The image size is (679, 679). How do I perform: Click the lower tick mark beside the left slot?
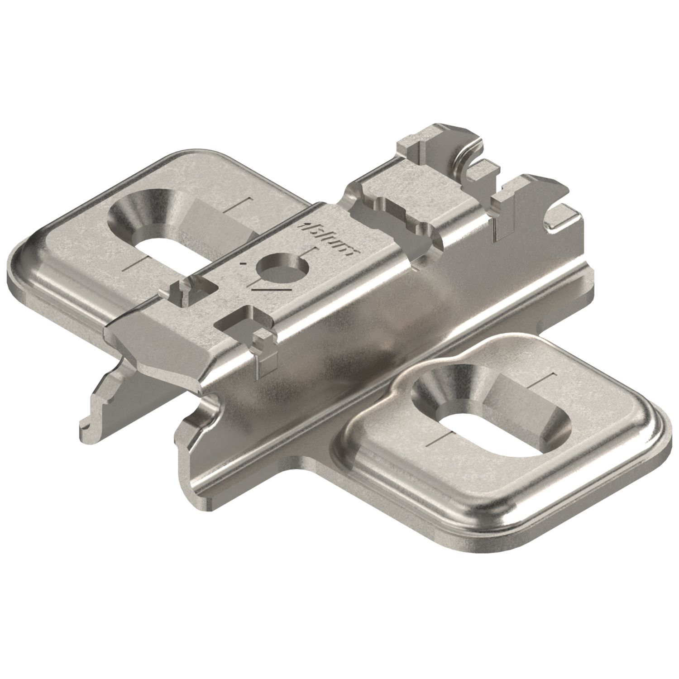pyautogui.click(x=136, y=265)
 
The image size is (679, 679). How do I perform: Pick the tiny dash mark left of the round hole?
pyautogui.click(x=245, y=263)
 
